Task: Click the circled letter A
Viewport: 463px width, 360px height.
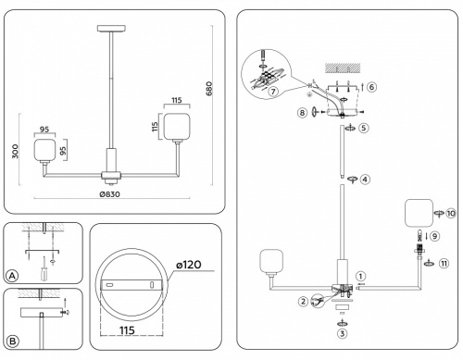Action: tap(12, 276)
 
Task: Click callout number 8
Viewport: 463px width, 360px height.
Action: tap(303, 113)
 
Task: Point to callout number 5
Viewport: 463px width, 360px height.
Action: tap(365, 129)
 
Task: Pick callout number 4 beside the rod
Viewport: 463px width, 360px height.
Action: tap(365, 179)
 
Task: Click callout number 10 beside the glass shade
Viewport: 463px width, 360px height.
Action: tap(450, 213)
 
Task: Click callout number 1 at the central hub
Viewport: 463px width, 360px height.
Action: tap(361, 275)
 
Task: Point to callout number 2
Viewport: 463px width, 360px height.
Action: tap(303, 302)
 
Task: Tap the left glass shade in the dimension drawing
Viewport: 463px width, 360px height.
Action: tap(43, 151)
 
